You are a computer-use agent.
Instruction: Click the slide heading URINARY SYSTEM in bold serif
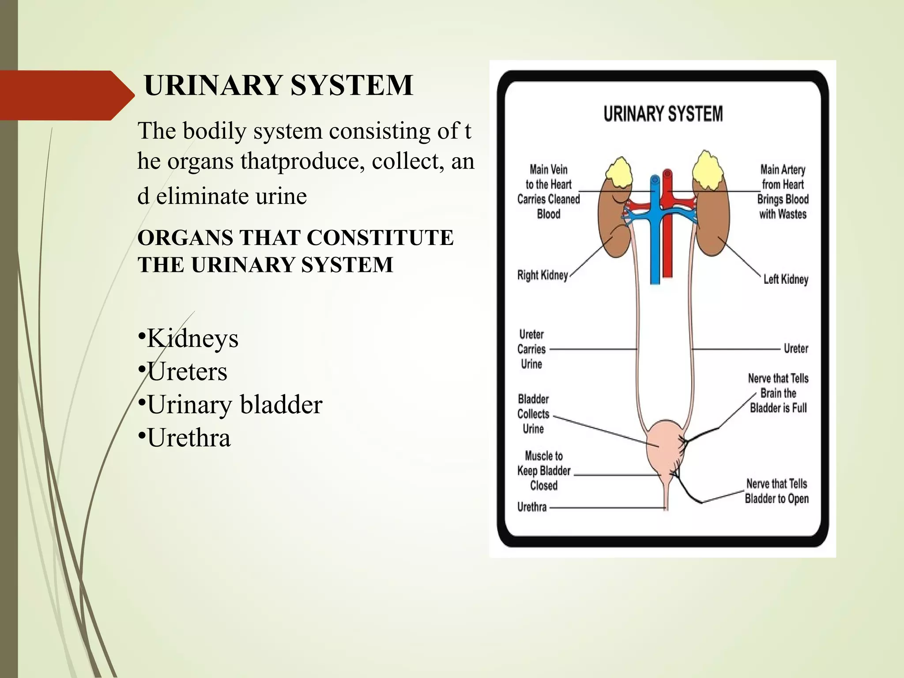tap(279, 85)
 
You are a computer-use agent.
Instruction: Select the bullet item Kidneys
tap(192, 339)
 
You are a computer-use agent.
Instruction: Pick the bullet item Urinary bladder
tap(234, 404)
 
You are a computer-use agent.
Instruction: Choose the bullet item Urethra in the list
tap(189, 438)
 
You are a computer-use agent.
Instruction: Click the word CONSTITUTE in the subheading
tap(380, 237)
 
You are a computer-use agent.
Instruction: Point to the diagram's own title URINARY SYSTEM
tap(663, 114)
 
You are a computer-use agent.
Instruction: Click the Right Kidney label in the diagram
tap(542, 275)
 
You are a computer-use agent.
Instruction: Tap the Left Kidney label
tap(786, 279)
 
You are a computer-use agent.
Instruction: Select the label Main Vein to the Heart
tap(549, 192)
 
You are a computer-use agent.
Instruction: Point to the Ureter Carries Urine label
tap(531, 349)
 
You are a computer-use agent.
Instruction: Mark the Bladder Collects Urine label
tap(533, 414)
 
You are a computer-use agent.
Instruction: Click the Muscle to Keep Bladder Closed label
tap(544, 471)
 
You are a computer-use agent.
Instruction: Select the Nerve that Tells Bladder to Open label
tap(777, 491)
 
